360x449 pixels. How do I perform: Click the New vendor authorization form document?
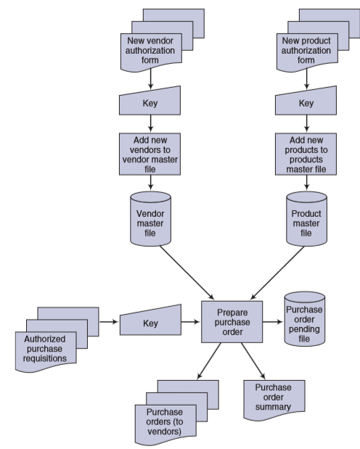[151, 51]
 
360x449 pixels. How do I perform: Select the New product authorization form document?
[307, 51]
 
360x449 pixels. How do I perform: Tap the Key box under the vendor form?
[150, 102]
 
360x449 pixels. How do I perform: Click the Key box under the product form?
[306, 102]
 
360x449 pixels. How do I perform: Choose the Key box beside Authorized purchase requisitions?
[150, 321]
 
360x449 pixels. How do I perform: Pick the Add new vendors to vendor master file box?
[150, 154]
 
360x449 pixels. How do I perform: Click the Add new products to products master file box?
[306, 154]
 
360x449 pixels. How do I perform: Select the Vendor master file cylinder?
[150, 219]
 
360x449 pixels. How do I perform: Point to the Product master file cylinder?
[307, 219]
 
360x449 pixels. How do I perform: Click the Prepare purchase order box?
[232, 322]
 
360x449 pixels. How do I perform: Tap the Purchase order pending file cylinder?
[305, 319]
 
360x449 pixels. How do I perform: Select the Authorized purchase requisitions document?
[46, 352]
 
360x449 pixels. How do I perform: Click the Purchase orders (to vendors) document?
[165, 424]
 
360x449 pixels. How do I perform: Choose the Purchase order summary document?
[274, 400]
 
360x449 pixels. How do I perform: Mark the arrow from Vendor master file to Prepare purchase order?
[187, 273]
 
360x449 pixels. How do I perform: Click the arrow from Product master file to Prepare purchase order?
[277, 273]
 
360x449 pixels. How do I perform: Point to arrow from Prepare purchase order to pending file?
[273, 322]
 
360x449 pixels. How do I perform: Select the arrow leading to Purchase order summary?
[253, 361]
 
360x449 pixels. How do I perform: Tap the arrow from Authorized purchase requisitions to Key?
[109, 322]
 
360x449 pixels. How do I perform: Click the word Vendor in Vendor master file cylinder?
[150, 213]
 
